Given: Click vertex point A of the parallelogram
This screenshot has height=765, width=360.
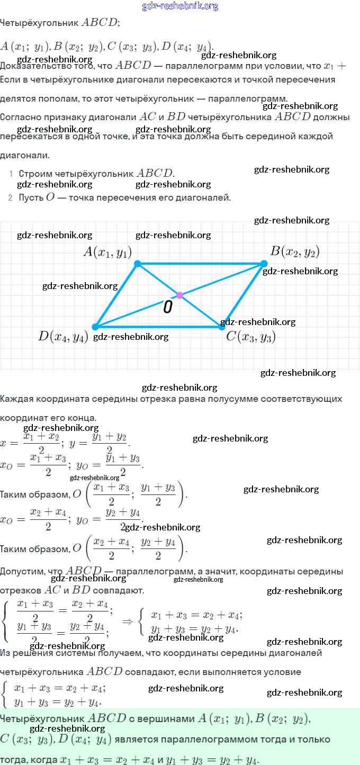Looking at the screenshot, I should click(x=138, y=263).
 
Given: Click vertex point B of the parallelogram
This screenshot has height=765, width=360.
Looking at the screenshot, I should click(x=264, y=263).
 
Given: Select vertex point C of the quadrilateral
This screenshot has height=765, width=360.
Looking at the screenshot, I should click(x=222, y=327).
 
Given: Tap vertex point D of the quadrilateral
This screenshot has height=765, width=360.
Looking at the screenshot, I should click(x=95, y=327).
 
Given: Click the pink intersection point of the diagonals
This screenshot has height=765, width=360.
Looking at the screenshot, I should click(x=179, y=295).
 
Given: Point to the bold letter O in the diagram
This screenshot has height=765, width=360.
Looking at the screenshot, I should click(x=167, y=307).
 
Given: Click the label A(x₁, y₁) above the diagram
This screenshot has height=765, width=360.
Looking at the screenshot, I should click(x=107, y=251).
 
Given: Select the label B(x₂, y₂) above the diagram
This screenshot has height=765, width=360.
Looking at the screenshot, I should click(x=295, y=251).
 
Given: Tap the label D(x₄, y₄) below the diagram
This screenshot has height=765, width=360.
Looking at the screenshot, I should click(x=63, y=336).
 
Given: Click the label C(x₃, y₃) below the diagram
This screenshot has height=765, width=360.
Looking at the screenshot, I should click(x=251, y=336).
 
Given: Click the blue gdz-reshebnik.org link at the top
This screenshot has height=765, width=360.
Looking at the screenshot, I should click(x=180, y=6).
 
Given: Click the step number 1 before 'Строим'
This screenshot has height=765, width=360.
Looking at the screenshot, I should click(x=11, y=174).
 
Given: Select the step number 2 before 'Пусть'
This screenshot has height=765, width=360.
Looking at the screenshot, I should click(x=11, y=198).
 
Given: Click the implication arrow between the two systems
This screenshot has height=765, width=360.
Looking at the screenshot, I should click(x=128, y=620).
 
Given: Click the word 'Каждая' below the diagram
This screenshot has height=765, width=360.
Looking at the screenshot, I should click(x=16, y=399).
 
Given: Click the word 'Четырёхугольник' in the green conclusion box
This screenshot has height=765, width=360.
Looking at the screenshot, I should click(x=42, y=718).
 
